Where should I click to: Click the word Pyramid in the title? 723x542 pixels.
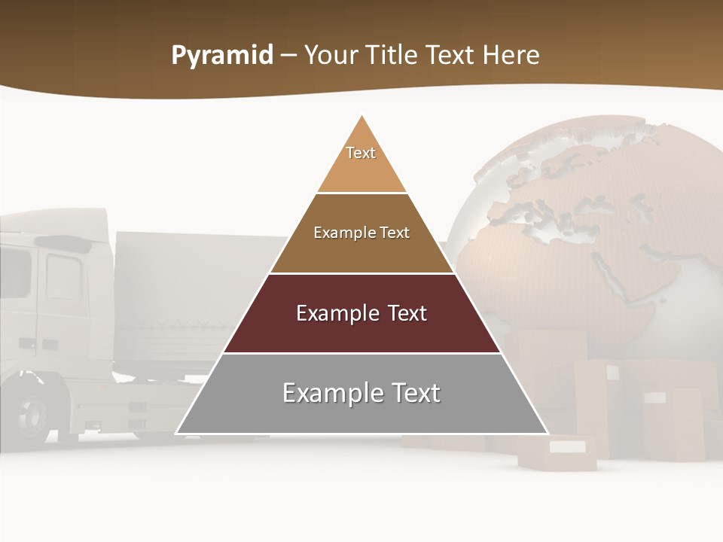click(x=222, y=56)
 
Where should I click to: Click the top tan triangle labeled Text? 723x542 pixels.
click(x=361, y=162)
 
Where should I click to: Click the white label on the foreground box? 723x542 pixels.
click(x=566, y=447)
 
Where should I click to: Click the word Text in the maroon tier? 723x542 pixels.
click(x=402, y=313)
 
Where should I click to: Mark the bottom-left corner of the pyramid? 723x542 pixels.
click(x=176, y=434)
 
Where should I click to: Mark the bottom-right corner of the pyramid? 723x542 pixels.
click(x=548, y=434)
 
